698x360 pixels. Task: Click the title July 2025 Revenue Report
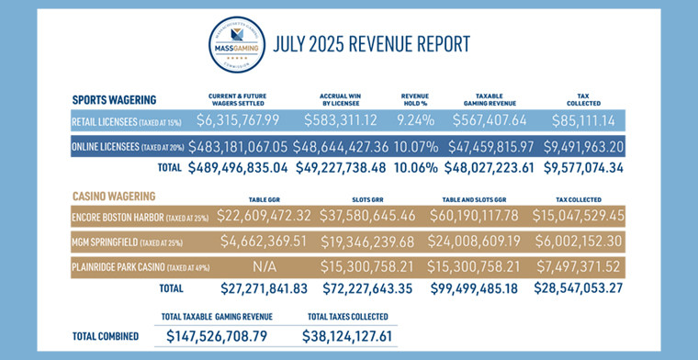(x=366, y=44)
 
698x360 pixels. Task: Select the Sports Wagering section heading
(x=114, y=99)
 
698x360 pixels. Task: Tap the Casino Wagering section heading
(x=113, y=196)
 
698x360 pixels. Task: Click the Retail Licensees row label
(x=124, y=120)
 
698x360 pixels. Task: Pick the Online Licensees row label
(x=126, y=145)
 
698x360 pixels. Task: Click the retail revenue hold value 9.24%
(x=415, y=119)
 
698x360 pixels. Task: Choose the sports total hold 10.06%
(x=415, y=167)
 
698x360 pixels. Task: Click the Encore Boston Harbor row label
(x=139, y=216)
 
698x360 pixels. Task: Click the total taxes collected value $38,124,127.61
(x=350, y=336)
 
